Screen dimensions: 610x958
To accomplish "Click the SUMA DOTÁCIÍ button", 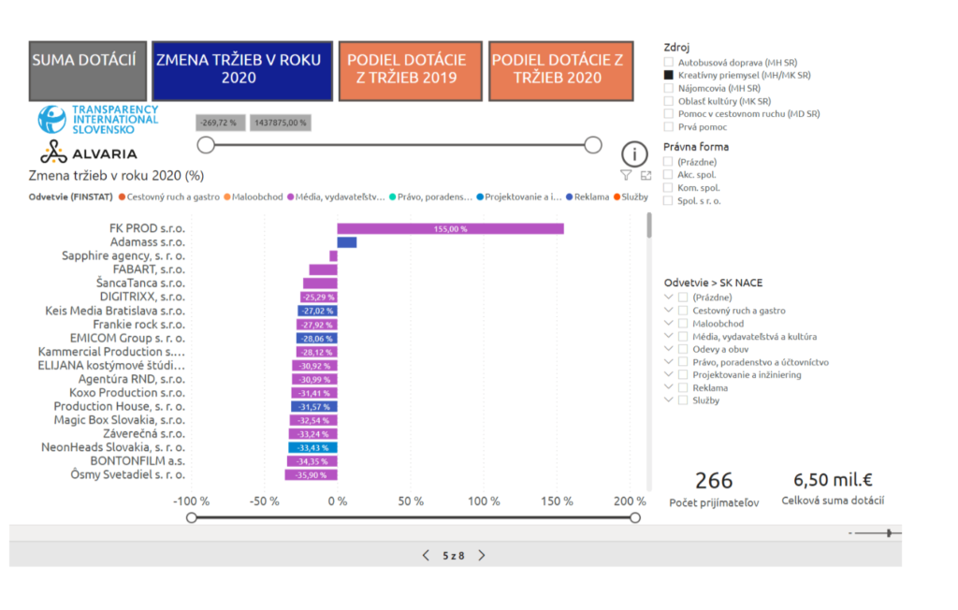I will point(88,71).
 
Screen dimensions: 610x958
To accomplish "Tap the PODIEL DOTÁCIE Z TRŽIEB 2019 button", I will point(411,69).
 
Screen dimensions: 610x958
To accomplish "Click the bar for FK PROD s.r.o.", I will point(450,228).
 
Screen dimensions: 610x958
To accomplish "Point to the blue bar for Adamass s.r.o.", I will point(346,242).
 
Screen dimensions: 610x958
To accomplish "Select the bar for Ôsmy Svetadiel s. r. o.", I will point(312,475).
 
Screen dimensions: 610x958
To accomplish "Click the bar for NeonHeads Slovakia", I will point(312,448).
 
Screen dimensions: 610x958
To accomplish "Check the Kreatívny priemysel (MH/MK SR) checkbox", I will point(669,75).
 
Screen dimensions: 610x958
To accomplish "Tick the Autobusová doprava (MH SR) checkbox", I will point(669,62).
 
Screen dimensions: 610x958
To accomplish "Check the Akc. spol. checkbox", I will point(668,174).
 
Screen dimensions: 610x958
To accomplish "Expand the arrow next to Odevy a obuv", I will point(668,349).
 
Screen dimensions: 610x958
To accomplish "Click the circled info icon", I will point(634,154).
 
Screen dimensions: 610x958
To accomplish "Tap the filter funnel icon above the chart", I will point(626,175).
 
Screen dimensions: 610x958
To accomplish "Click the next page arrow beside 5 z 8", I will point(482,555).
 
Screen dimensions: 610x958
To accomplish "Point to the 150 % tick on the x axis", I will point(559,501).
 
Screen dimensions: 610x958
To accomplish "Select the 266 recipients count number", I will point(714,481).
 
